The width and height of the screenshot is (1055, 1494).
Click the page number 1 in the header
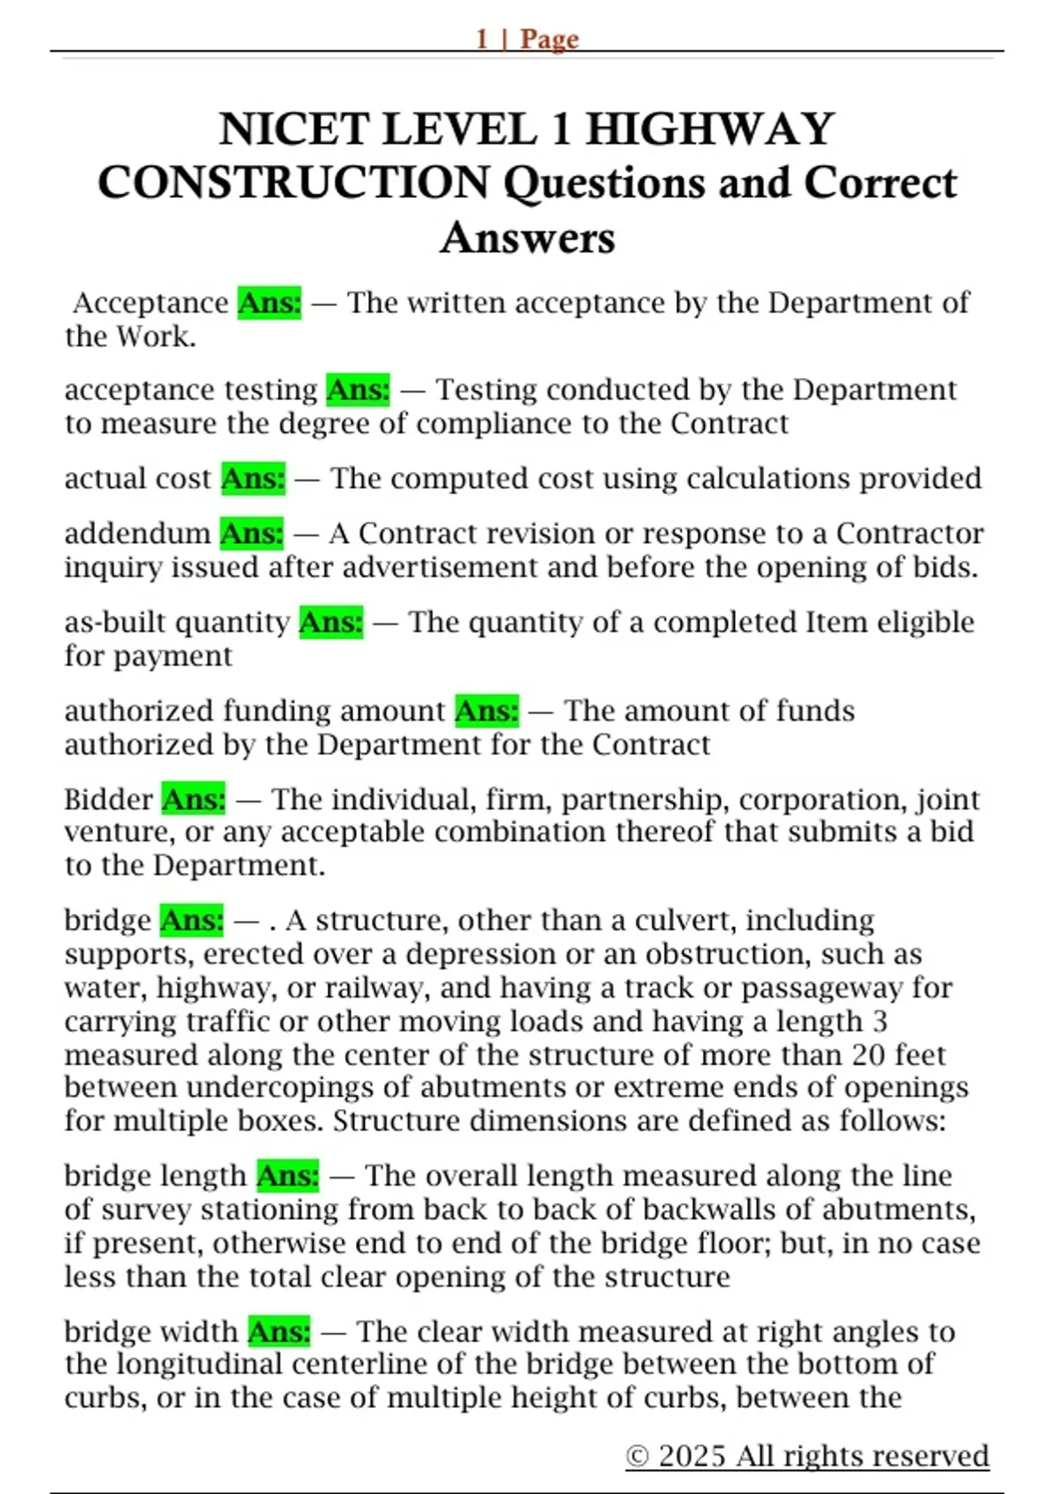coord(482,39)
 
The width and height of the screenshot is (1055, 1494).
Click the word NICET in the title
coord(289,129)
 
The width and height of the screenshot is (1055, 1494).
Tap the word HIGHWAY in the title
coord(710,129)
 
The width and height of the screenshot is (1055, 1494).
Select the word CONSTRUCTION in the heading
coord(294,183)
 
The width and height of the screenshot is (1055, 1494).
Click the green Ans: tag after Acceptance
coord(269,302)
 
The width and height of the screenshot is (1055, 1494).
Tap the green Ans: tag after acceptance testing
coord(358,389)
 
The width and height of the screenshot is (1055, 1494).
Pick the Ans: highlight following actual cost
coord(253,478)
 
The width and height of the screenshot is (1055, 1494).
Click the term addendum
coord(137,533)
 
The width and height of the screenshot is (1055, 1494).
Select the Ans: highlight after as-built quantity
coord(331,622)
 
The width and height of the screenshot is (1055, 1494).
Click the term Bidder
coord(108,800)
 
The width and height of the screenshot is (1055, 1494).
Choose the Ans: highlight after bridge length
coord(287,1176)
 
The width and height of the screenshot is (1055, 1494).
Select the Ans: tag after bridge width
coord(279,1331)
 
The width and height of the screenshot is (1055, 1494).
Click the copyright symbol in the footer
coord(637,1456)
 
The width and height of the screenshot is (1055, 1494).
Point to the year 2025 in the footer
coord(693,1456)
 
